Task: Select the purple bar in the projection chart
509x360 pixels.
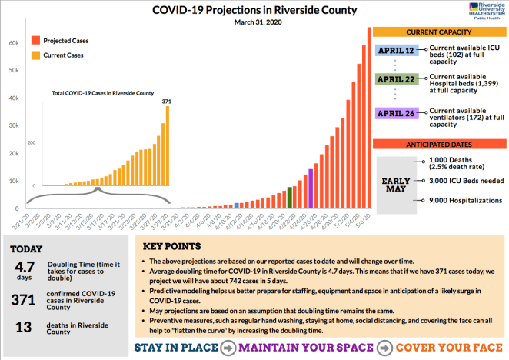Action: pos(311,188)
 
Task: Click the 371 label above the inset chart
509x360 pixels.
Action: pos(167,102)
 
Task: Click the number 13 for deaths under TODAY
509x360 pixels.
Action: pos(25,326)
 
